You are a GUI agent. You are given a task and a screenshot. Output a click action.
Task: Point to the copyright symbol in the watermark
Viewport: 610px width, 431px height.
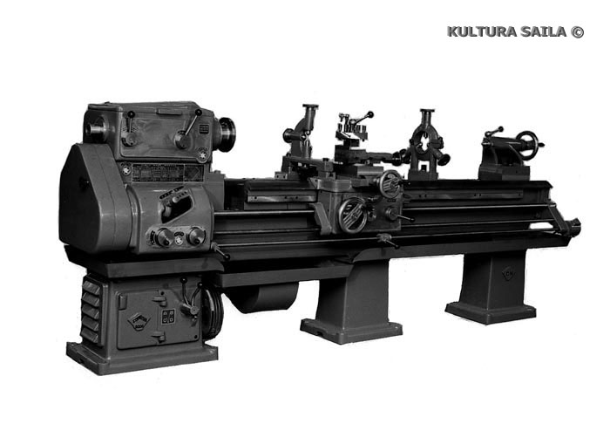(x=578, y=31)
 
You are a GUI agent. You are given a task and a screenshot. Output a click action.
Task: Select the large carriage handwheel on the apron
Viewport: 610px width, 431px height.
(x=353, y=215)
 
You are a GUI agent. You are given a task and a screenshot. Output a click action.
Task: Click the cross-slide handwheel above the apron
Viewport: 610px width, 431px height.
(x=390, y=183)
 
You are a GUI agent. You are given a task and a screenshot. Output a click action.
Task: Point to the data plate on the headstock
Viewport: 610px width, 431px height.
(x=167, y=173)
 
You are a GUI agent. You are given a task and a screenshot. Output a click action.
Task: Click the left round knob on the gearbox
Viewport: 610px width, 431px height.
(x=164, y=236)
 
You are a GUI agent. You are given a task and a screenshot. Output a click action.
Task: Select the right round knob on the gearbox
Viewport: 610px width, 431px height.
(x=196, y=236)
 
